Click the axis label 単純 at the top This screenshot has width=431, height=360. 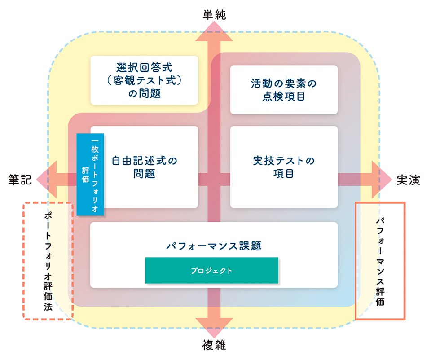pos(214,14)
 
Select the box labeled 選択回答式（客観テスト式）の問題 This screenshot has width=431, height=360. pos(144,80)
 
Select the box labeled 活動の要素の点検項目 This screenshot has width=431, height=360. pos(283,89)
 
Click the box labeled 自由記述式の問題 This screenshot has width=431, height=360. pos(144,167)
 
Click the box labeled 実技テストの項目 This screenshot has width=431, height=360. pos(283,167)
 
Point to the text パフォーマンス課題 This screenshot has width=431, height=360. pos(214,246)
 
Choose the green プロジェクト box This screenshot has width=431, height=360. pos(211,270)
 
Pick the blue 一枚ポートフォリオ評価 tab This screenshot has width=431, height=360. pos(90,174)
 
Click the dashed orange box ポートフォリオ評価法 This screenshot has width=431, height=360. pos(48,261)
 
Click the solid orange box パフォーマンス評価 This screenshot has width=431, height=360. pos(380,261)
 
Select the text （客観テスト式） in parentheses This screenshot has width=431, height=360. pos(144,81)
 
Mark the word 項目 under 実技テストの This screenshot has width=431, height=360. pos(283,174)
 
